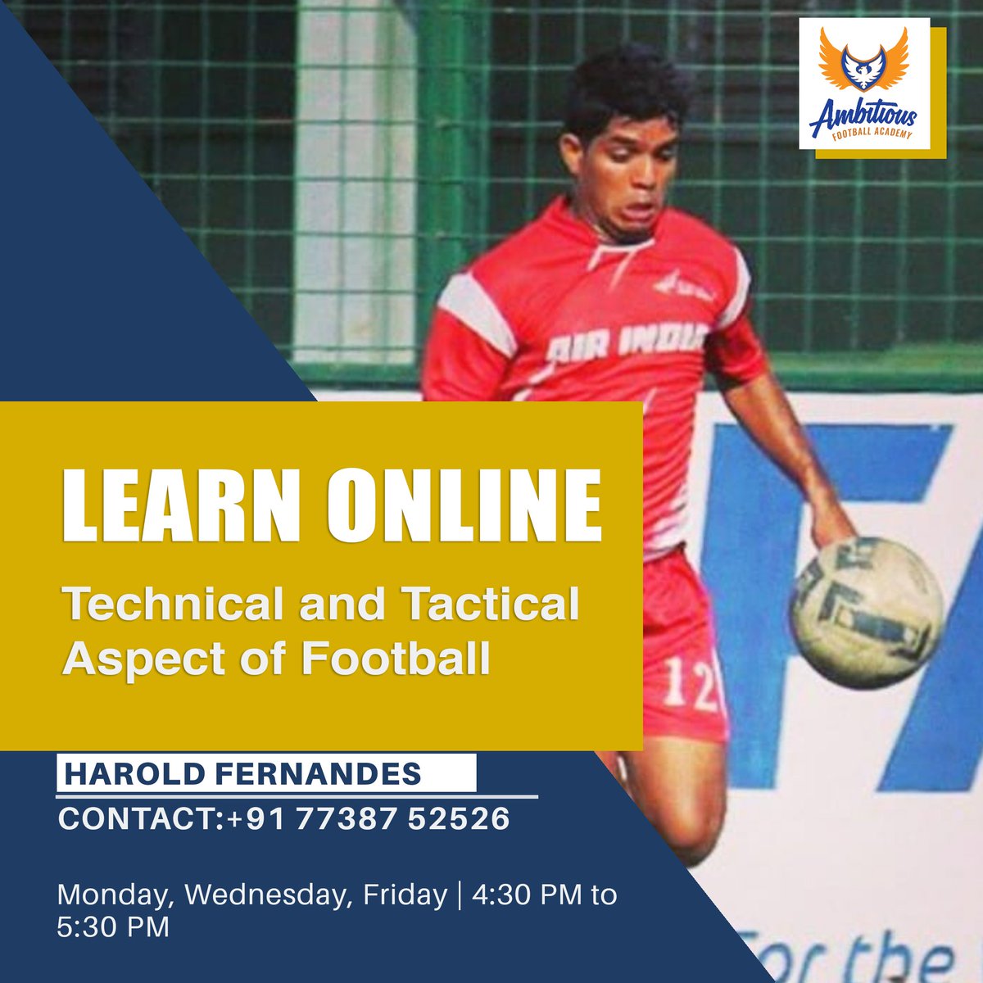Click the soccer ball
(867, 613)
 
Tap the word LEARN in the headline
(182, 505)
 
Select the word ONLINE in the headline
(464, 505)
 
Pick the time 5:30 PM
(113, 926)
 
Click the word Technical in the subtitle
(172, 604)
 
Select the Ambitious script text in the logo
(863, 117)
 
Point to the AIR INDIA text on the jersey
(627, 342)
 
